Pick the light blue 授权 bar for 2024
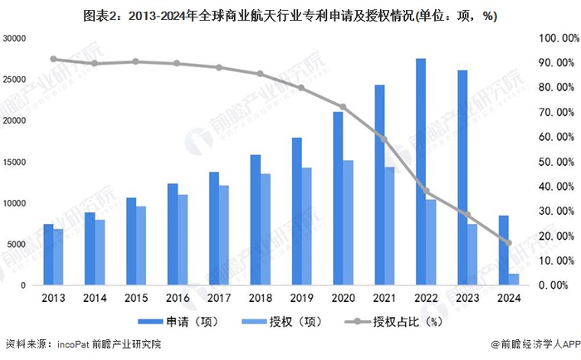click(x=514, y=280)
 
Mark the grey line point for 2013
click(x=53, y=59)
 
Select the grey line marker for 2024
click(x=509, y=243)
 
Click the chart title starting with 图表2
click(x=290, y=14)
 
